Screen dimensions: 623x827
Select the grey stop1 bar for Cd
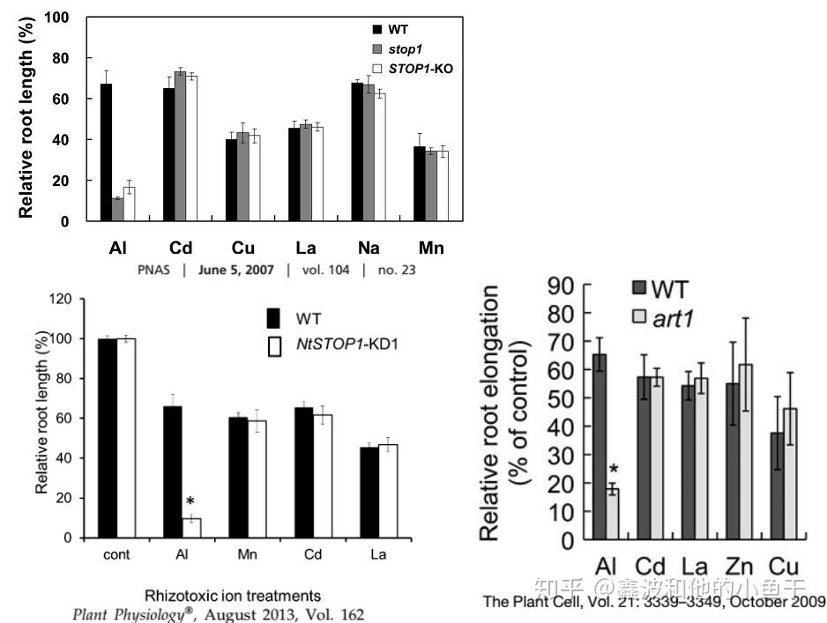(x=181, y=146)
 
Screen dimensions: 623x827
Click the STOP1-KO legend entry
(x=413, y=68)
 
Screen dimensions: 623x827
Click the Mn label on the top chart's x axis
(x=431, y=248)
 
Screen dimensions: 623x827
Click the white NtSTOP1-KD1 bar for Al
(x=191, y=528)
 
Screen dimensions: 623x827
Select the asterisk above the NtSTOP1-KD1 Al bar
(x=190, y=501)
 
